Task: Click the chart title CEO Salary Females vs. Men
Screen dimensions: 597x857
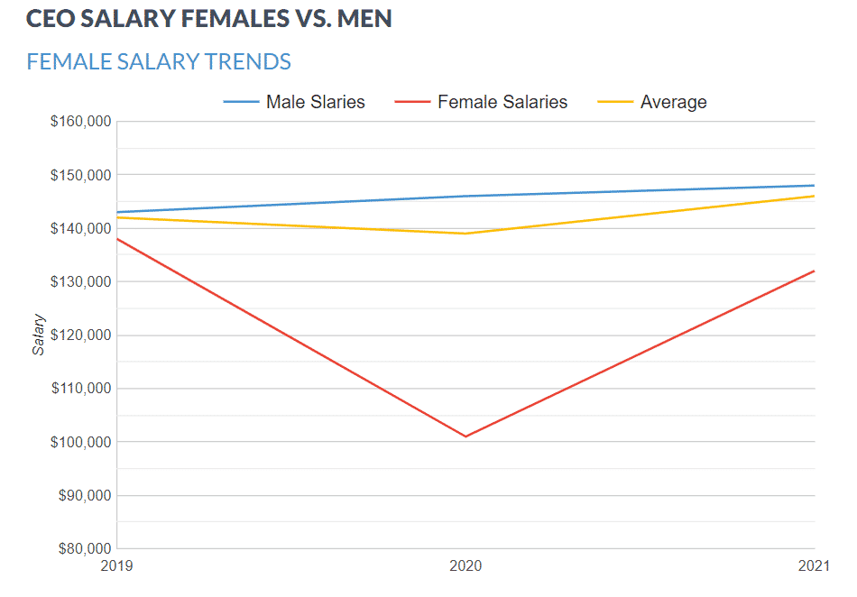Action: coord(209,19)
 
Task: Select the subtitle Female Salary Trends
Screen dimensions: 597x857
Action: coord(159,61)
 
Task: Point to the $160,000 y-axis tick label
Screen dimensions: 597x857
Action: coord(80,122)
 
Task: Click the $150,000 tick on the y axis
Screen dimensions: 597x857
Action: coord(80,175)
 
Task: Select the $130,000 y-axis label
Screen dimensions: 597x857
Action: coord(80,282)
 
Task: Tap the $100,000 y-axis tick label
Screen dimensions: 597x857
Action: coord(80,443)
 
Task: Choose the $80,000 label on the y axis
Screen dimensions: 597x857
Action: coord(83,549)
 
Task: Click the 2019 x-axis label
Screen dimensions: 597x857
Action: coord(117,566)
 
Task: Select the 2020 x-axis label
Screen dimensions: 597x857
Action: coord(465,566)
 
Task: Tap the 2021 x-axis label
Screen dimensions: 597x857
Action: coord(814,566)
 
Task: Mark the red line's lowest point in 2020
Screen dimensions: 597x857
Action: coord(465,436)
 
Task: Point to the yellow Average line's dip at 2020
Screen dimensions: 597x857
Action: coord(465,234)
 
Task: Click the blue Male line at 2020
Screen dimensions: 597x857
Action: coord(465,196)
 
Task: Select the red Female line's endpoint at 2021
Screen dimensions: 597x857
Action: coord(814,271)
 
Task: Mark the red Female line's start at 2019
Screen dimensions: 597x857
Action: coord(118,239)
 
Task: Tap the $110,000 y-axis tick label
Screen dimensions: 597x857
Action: coord(80,389)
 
